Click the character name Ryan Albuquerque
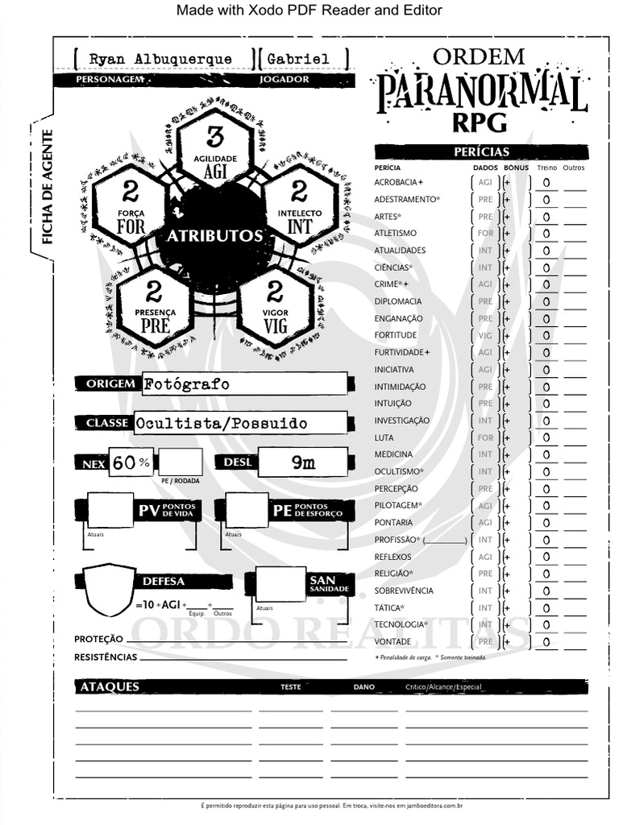(x=160, y=60)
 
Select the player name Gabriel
(x=298, y=60)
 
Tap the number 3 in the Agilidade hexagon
(x=214, y=137)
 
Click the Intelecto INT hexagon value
(x=299, y=192)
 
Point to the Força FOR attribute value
(x=131, y=192)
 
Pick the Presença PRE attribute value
(x=154, y=292)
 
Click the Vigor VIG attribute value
(x=275, y=292)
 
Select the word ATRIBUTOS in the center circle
(x=214, y=236)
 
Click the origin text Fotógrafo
(x=187, y=384)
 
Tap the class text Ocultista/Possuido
(x=222, y=423)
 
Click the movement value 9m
(x=303, y=462)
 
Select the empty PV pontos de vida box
(x=110, y=510)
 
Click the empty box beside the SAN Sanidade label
(x=280, y=584)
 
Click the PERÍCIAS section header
(x=481, y=151)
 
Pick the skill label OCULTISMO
(x=397, y=471)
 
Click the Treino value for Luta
(x=546, y=438)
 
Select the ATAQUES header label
(x=110, y=686)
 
